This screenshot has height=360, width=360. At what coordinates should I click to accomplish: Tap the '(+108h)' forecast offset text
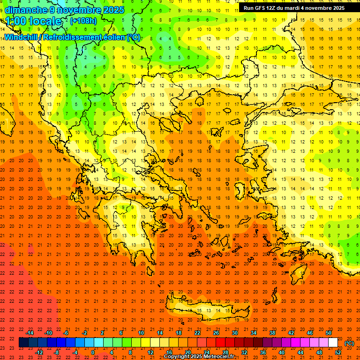point(84,21)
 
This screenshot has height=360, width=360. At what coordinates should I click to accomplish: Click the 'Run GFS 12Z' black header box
point(294,8)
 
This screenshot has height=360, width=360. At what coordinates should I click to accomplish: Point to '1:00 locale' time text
point(34,21)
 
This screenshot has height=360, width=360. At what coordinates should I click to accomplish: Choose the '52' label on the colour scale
point(337,352)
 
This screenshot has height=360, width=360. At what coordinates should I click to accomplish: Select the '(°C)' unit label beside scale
point(349,343)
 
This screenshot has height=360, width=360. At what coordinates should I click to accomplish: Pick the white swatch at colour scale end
point(333,343)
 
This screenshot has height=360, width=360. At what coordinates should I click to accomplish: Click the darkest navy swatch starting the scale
point(23,343)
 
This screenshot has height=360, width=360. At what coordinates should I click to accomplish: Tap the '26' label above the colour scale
point(216,332)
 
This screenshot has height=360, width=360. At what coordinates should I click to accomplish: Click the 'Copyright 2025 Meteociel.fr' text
point(199,357)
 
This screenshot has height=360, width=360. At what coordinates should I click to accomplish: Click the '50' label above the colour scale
point(329,332)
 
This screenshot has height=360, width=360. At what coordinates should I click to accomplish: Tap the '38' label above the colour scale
point(272,332)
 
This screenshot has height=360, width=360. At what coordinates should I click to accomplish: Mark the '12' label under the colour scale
point(150,352)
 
